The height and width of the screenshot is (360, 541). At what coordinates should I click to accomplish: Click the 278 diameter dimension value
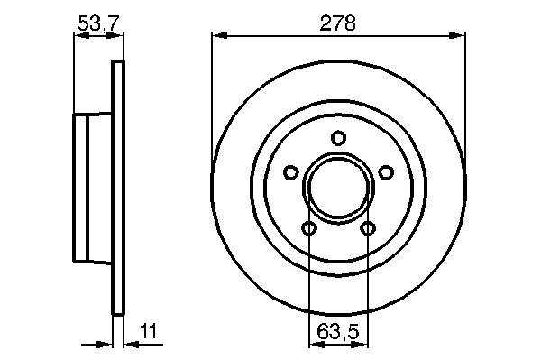coord(337,23)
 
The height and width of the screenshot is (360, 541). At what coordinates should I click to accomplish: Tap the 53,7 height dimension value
coord(98,23)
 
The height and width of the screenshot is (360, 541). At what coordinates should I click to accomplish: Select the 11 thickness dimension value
coord(149,330)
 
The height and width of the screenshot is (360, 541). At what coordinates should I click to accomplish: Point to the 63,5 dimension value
coord(338,332)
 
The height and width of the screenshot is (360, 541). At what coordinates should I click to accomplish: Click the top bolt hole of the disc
coord(338,138)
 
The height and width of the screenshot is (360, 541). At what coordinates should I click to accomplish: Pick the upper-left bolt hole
coord(291,172)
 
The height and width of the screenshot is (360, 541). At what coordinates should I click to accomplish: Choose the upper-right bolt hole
coord(386,172)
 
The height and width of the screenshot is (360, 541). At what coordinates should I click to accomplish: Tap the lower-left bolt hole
coord(308,228)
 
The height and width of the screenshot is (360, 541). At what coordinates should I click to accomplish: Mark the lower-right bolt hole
coord(368,228)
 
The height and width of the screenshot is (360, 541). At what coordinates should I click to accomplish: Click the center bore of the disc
coord(338,188)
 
